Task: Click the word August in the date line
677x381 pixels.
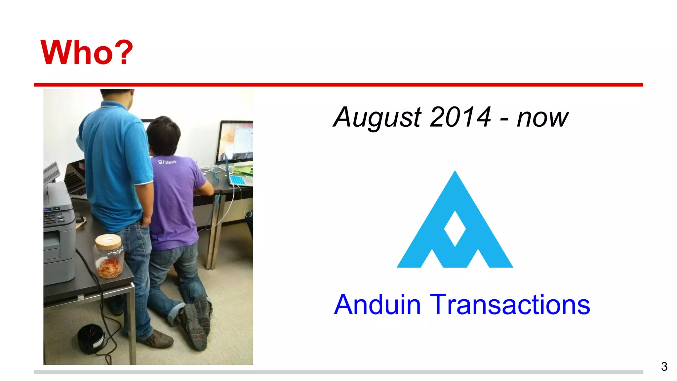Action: [377, 118]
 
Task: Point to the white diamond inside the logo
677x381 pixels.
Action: [455, 229]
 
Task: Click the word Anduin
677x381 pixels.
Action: [377, 305]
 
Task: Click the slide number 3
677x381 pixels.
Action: [664, 366]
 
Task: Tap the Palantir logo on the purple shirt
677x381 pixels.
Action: [167, 162]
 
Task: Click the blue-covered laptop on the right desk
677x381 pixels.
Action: [237, 179]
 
